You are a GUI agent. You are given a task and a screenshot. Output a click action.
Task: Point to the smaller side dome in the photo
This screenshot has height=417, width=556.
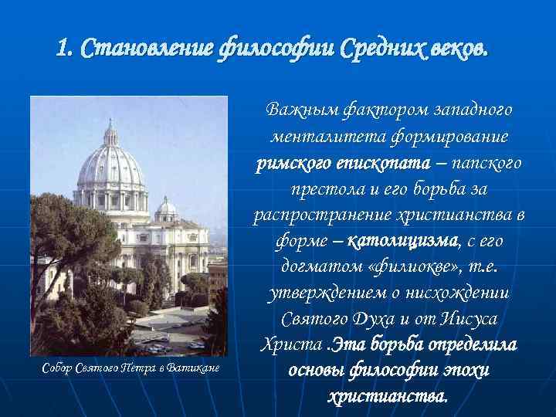pyautogui.click(x=165, y=206)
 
